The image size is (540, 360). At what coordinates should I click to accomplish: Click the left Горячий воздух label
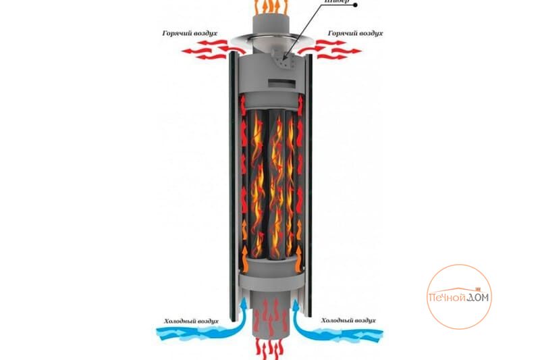coord(190,32)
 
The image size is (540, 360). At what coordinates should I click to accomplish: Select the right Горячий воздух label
coord(356,32)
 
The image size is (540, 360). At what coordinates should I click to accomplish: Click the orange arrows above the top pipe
coord(271,6)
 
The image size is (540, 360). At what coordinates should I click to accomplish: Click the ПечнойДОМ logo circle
coord(459,297)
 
